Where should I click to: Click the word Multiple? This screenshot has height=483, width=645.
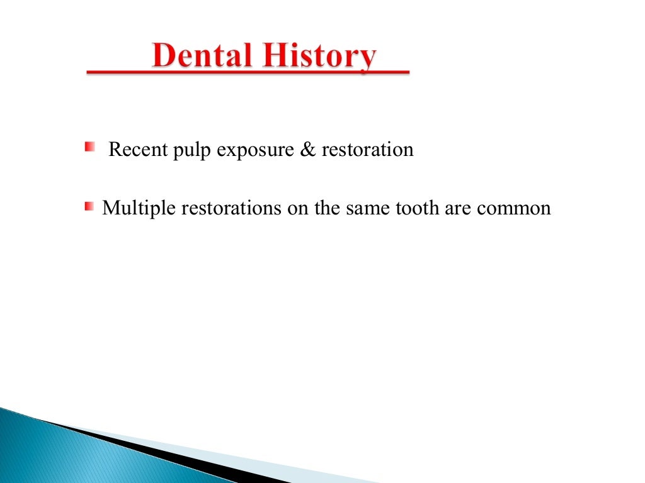[139, 208]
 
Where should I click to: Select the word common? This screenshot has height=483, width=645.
[513, 208]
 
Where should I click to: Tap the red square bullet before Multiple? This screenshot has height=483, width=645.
[89, 206]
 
